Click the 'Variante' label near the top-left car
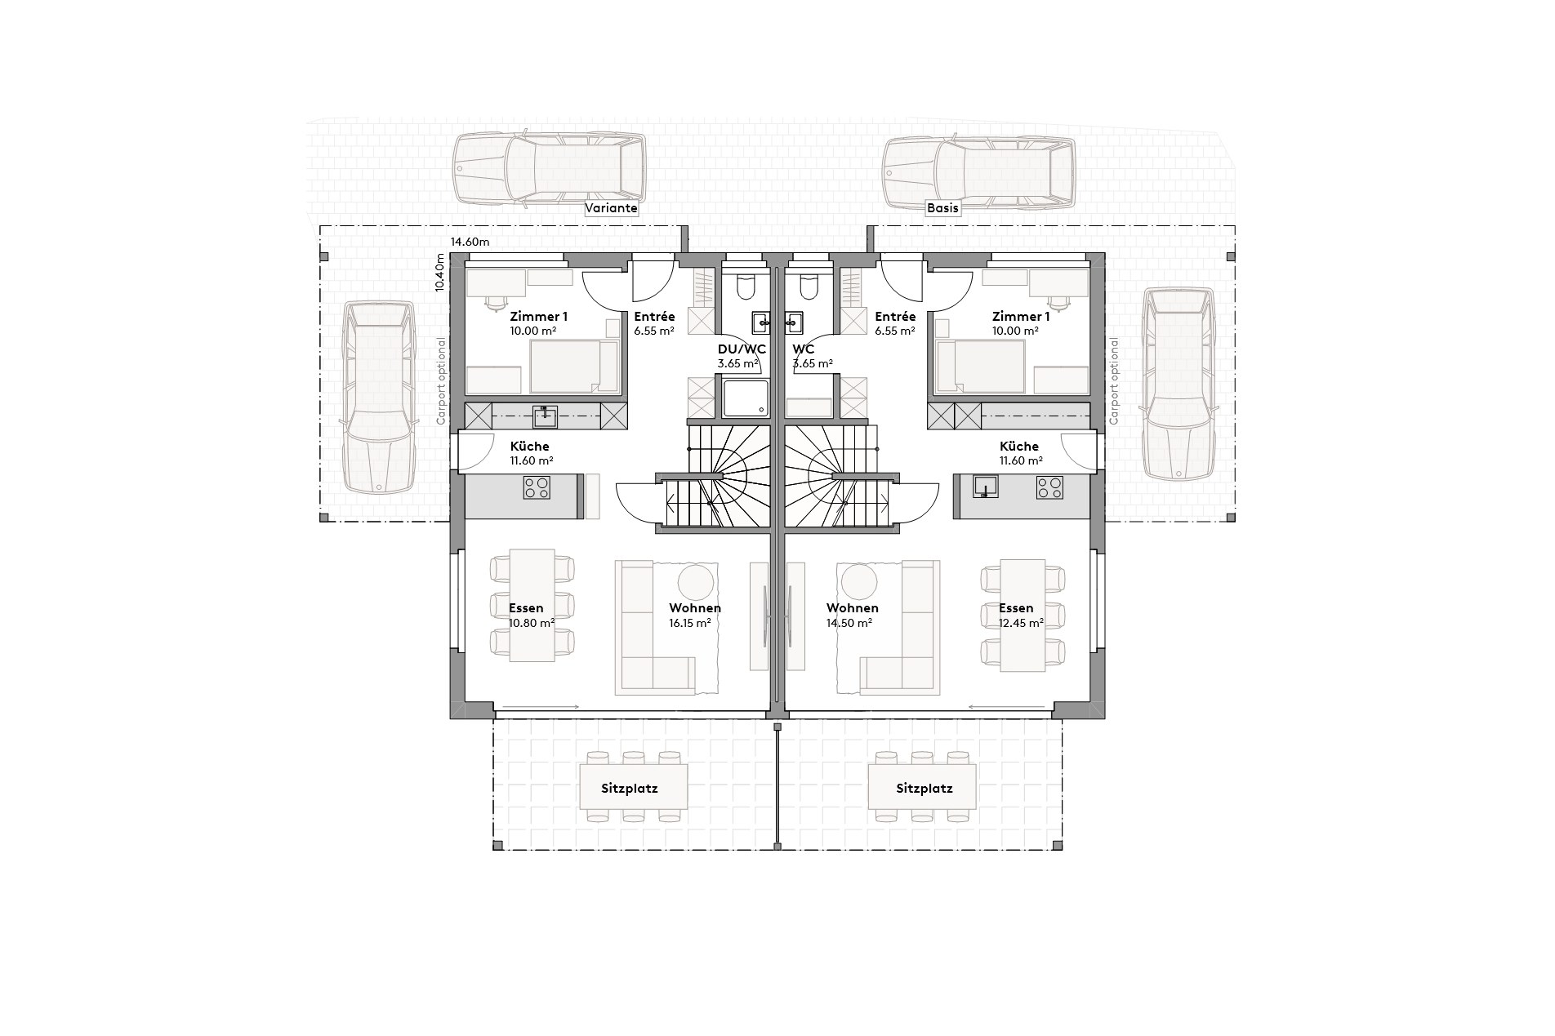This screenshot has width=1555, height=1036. coord(611,208)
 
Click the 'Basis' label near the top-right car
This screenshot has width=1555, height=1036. coord(942,208)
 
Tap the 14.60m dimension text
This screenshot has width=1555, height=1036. coord(470,242)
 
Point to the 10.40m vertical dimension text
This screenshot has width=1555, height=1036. coord(440,273)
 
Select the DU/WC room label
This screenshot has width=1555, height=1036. coord(736,349)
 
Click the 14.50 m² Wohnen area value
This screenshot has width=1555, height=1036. coord(851,622)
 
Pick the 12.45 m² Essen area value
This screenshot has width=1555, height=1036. coord(1021,622)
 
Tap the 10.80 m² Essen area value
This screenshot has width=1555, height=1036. coord(532,622)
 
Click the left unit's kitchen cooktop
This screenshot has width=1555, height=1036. coord(537,488)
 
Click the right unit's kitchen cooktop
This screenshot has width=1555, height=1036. coord(1049,488)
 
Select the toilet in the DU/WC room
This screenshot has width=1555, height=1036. coord(746,287)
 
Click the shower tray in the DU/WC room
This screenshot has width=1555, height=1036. coord(745,398)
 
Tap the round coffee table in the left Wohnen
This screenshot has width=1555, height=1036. coord(696,581)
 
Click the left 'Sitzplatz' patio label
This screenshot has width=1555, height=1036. coord(629,789)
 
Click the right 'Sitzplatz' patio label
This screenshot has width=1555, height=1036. coord(924,789)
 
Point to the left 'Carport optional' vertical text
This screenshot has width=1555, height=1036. coord(441,381)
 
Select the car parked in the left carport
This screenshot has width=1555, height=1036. coord(377,398)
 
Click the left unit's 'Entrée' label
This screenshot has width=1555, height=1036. coord(654,317)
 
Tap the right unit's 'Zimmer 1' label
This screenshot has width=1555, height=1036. coord(1021,317)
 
